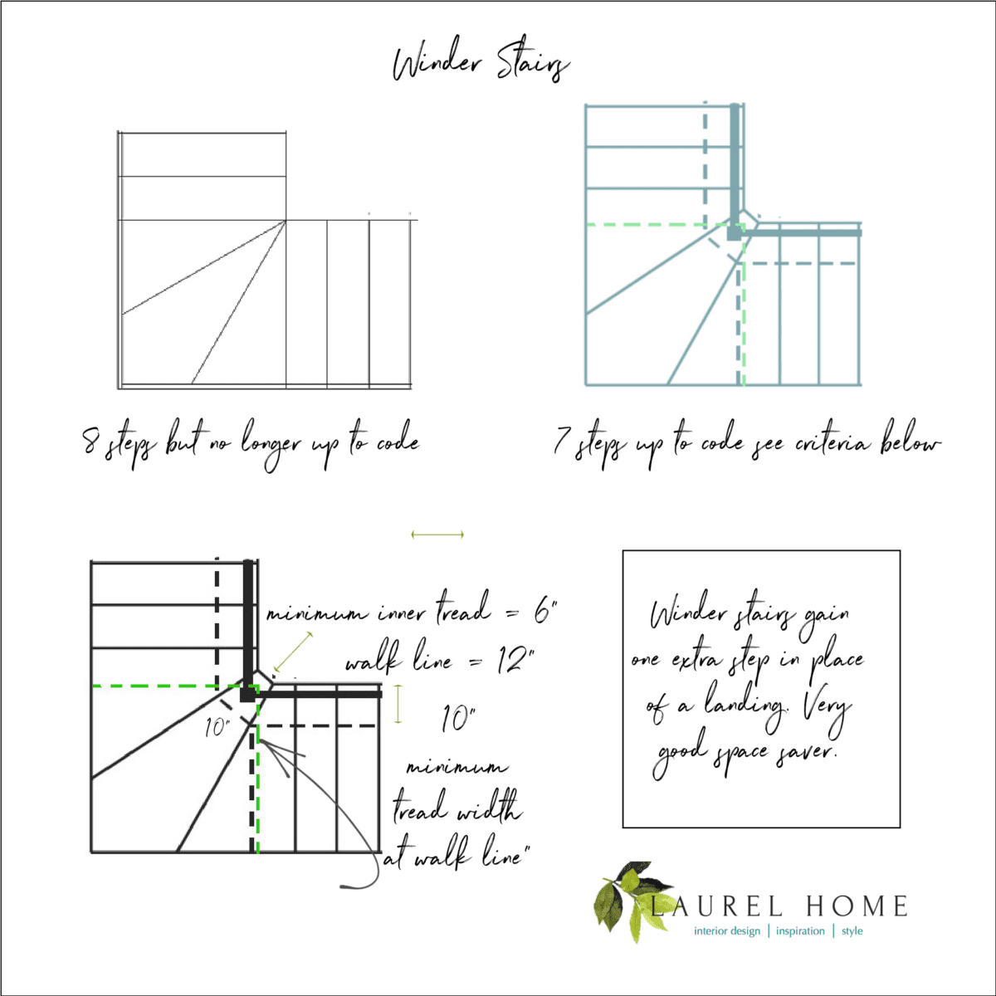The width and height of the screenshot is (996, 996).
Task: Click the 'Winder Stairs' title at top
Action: [481, 65]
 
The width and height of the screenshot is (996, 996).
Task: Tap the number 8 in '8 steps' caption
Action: [92, 442]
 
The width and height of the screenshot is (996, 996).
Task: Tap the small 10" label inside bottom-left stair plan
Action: [217, 728]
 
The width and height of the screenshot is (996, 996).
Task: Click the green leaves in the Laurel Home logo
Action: [623, 901]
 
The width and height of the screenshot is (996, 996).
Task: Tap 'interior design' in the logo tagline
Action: [727, 931]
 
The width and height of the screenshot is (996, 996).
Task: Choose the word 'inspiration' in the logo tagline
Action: [800, 931]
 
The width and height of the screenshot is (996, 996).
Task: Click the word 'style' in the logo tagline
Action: [852, 931]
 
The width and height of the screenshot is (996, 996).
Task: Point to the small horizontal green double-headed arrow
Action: [437, 535]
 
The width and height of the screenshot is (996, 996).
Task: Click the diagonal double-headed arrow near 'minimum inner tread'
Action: [293, 652]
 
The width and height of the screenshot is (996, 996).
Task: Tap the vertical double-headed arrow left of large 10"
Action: [398, 704]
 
